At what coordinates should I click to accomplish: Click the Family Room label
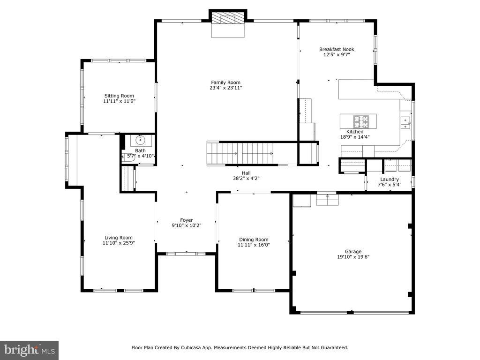pos(225,82)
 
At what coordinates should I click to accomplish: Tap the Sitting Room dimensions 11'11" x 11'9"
pos(119,101)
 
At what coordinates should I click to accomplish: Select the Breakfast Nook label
pos(337,49)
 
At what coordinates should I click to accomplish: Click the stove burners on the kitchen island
pos(361,121)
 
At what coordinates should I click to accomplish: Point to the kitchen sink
pos(405,122)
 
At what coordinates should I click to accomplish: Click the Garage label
pos(353,252)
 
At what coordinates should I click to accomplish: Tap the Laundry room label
pos(390,180)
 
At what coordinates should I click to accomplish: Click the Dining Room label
pos(254,240)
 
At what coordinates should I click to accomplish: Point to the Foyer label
pos(187,220)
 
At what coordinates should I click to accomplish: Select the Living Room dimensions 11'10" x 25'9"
pos(119,243)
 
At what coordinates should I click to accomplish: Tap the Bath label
pos(140,150)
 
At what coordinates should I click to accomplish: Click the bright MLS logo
pos(29,350)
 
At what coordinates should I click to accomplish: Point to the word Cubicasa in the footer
pos(190,348)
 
